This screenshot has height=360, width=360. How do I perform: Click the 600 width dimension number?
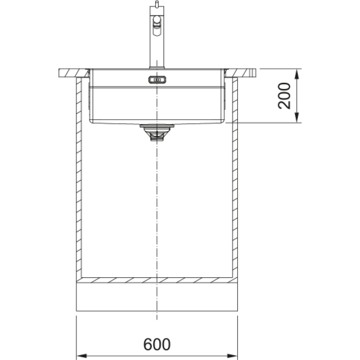point(157,344)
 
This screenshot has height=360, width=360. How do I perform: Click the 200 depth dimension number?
point(284,95)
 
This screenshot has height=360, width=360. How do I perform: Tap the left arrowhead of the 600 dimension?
point(81,356)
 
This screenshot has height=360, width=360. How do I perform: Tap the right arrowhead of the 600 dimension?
point(232,356)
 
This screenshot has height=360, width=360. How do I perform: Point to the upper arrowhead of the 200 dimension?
point(297,74)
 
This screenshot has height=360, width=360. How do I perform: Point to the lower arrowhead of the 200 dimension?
point(297,117)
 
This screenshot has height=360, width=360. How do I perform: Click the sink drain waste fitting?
point(157,132)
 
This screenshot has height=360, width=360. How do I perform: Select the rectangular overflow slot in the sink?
point(157,80)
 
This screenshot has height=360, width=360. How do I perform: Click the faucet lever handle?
point(157,26)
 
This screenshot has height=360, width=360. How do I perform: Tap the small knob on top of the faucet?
point(157,4)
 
